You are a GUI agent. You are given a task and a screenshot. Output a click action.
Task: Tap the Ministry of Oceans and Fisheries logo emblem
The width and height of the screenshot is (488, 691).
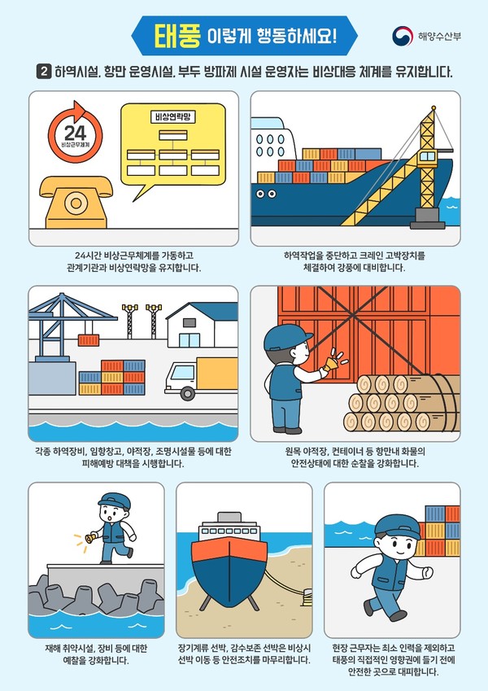403,36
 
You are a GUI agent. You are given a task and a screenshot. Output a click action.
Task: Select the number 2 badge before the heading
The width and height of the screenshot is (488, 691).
43,72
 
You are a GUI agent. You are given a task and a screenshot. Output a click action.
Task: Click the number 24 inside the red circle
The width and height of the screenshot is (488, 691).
76,133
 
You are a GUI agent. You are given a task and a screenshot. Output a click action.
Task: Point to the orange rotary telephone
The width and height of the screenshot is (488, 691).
76,203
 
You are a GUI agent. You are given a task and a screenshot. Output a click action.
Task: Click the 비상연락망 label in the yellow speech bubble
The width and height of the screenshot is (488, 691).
172,117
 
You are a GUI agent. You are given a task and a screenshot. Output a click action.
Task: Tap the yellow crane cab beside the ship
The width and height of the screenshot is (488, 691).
428,157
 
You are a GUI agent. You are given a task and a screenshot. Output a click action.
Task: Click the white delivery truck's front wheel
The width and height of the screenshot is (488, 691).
188,393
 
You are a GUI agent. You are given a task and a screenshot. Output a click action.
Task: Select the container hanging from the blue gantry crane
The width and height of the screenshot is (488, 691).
89,340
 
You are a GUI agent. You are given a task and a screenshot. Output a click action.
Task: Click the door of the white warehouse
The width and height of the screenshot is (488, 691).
190,340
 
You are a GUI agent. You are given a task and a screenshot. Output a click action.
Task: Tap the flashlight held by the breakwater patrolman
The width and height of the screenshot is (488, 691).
92,538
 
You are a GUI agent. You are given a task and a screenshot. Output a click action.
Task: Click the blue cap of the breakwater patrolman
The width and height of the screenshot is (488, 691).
115,501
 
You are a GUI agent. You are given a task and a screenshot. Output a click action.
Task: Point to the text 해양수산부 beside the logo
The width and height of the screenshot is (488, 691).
439,36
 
